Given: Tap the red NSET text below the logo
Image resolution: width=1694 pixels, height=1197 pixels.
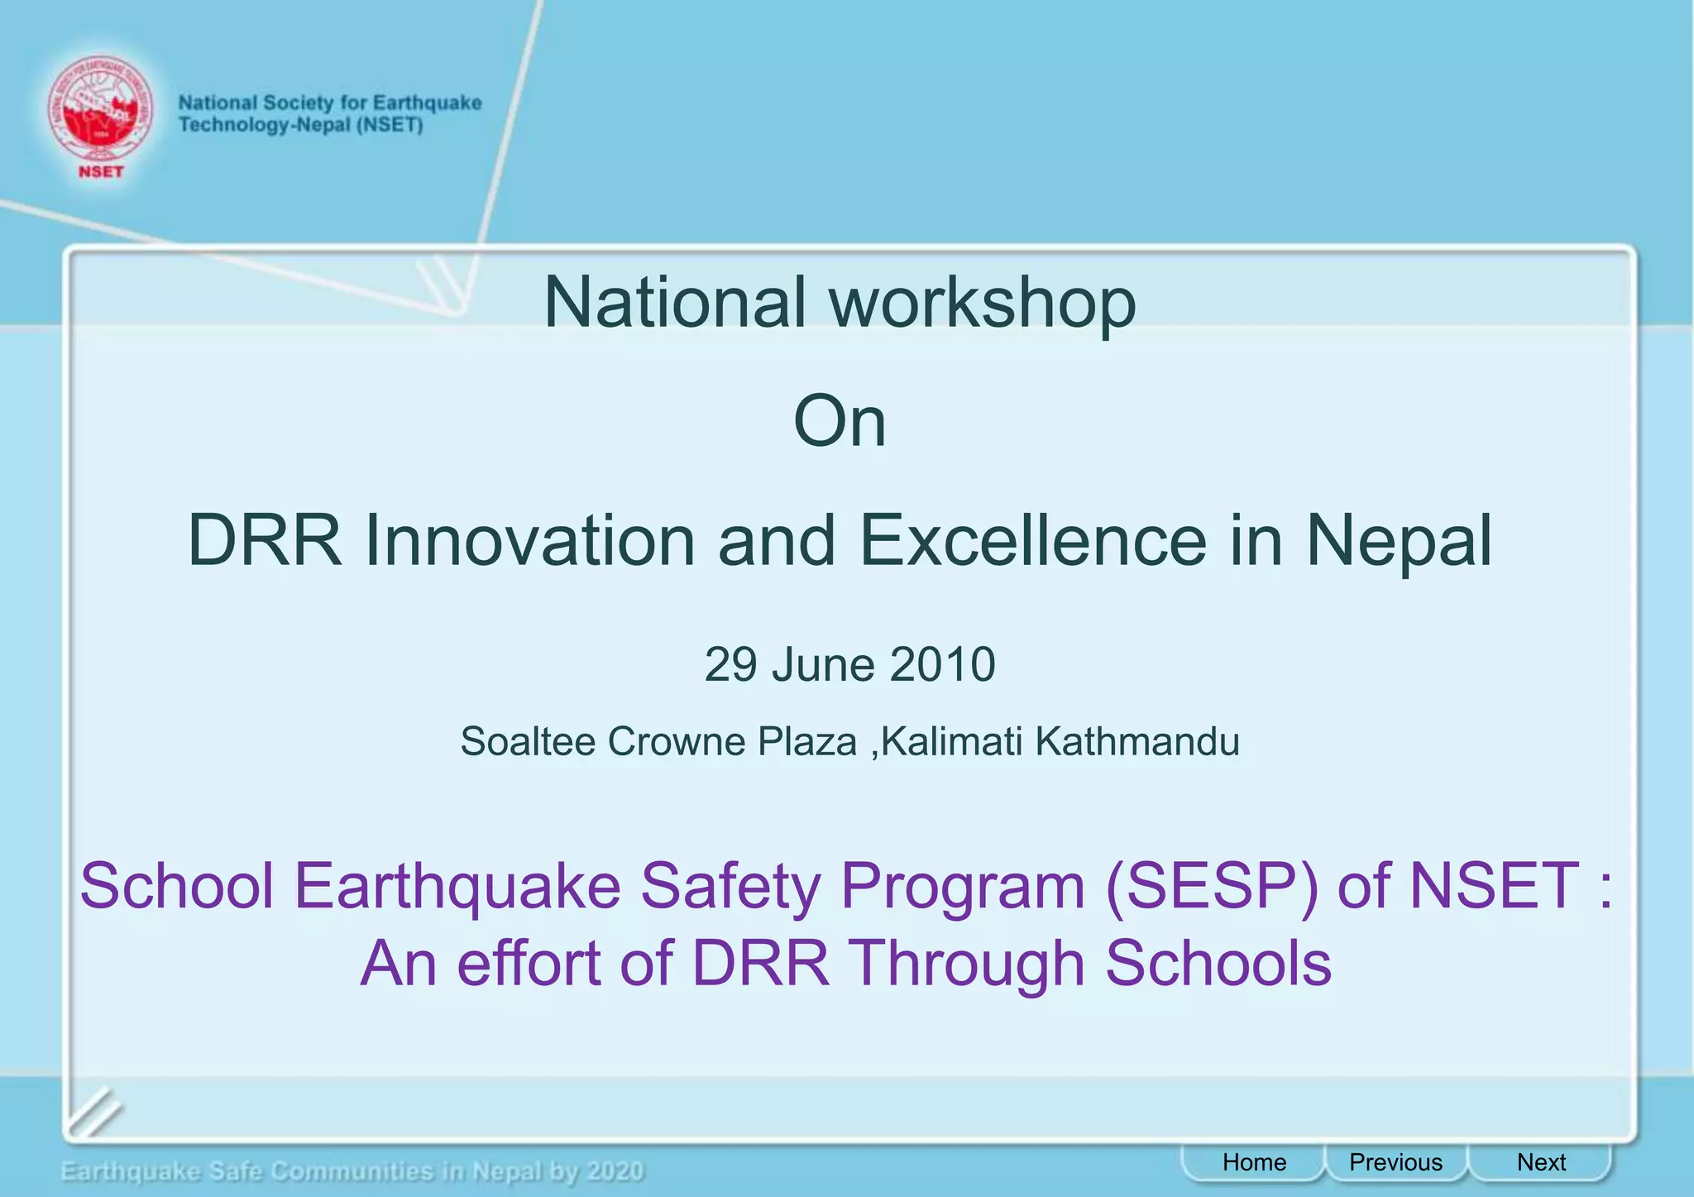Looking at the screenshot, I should point(100,172).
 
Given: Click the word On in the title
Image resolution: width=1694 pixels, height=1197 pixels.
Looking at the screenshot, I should point(839,422).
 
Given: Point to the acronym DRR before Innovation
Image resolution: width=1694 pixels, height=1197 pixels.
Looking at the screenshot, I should point(264,541).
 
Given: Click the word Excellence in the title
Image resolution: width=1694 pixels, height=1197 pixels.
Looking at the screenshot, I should point(1032,541).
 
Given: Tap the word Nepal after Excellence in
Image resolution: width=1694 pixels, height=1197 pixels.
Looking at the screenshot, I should point(1398,543).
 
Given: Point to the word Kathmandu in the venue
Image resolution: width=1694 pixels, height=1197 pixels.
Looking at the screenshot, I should point(1137,741).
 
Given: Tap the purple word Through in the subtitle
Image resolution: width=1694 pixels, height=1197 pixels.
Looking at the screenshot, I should point(967,965).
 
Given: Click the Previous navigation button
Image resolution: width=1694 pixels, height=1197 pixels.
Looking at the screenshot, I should point(1395,1162).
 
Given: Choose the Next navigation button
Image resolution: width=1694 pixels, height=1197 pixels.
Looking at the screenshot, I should point(1540,1162).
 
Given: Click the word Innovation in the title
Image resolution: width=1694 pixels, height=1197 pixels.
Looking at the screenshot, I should point(529,541).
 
